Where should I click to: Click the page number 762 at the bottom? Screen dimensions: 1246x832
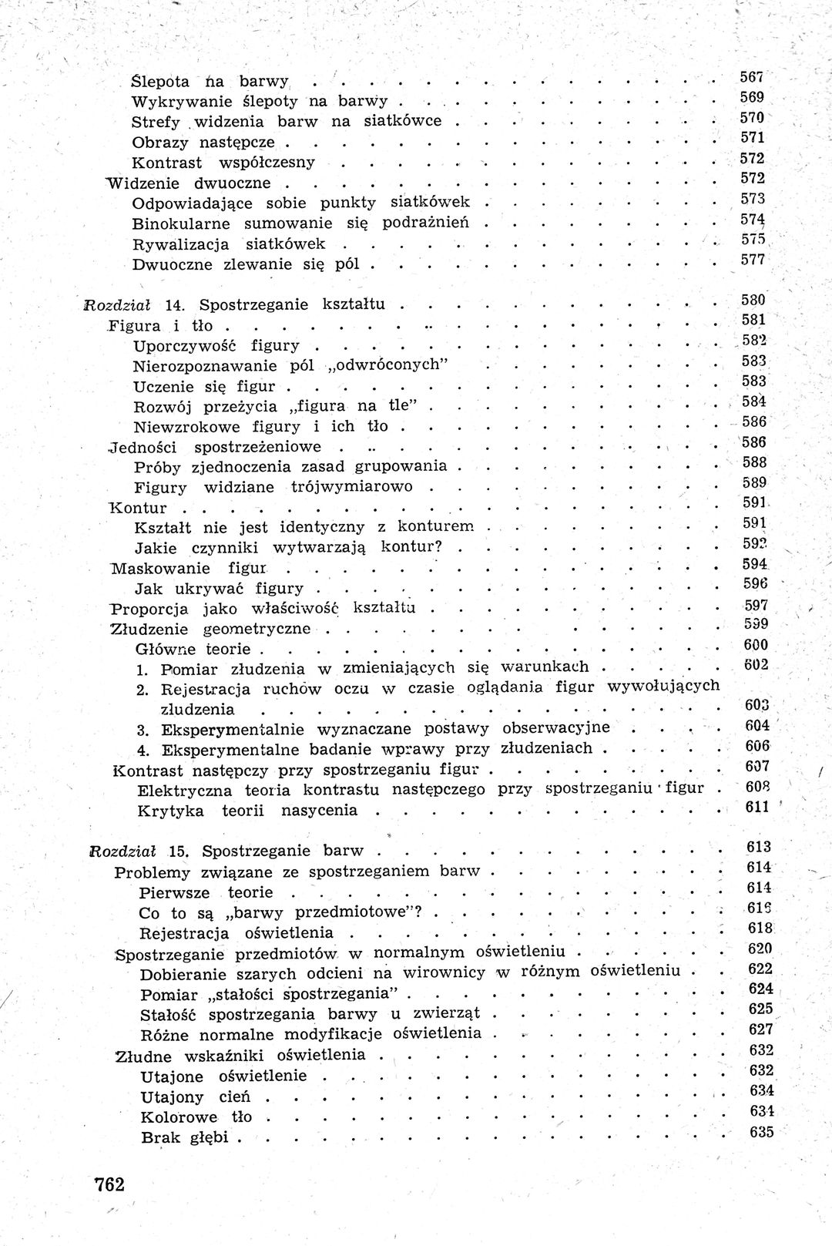pos(108,1184)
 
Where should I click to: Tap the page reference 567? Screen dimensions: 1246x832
pos(751,77)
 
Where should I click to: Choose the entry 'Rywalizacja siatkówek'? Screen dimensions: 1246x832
pos(228,244)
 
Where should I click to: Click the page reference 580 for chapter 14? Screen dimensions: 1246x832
pos(753,300)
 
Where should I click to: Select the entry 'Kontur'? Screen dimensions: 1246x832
pos(139,508)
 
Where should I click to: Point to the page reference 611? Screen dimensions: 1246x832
pos(757,807)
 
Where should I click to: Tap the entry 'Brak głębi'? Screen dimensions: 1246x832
pos(186,1137)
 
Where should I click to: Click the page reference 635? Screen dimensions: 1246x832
pos(760,1132)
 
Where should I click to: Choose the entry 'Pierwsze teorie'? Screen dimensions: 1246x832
pos(206,892)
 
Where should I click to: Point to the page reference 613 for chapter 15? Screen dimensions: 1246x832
pos(758,848)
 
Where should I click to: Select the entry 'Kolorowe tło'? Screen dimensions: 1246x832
pos(196,1117)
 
